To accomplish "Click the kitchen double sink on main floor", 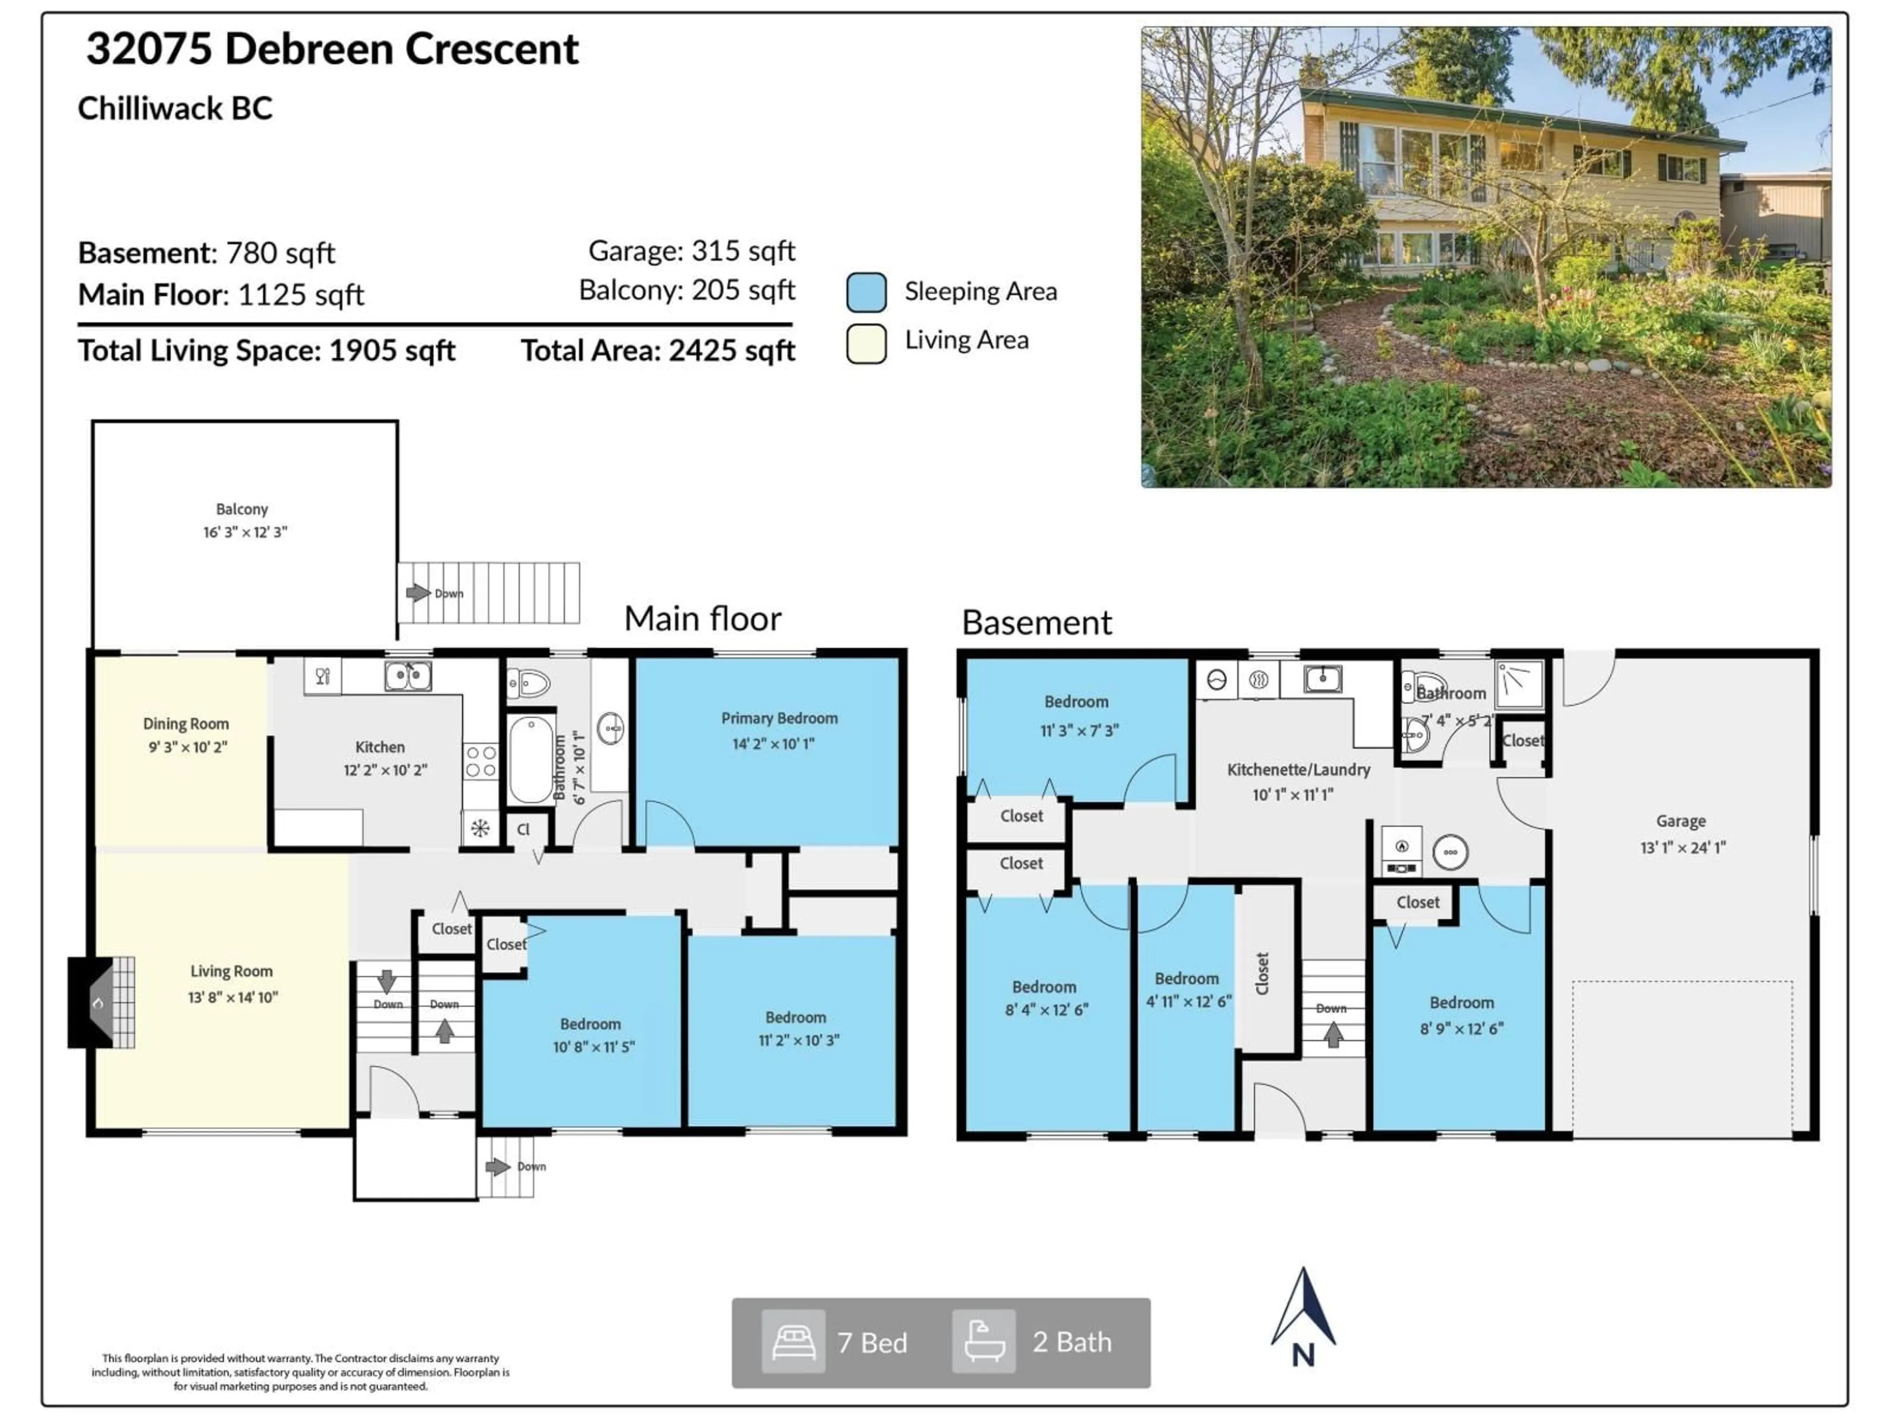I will point(407,676).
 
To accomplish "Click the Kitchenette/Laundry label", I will point(1298,769).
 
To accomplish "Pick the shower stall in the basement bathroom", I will point(1519,683).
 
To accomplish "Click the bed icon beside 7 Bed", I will point(793,1342).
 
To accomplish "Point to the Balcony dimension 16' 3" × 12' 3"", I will point(245,532).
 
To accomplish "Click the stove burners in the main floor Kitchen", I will point(480,761).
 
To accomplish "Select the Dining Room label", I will point(186,724).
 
